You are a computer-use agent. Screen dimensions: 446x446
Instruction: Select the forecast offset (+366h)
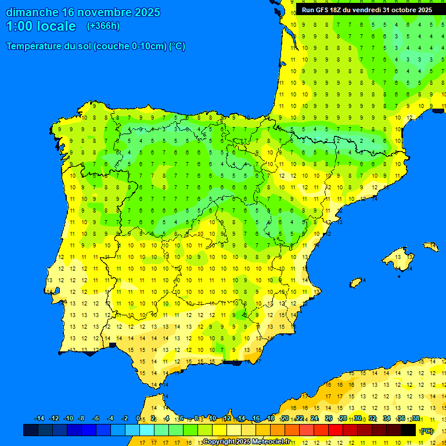103,26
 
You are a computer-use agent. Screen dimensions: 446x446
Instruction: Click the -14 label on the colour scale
39,419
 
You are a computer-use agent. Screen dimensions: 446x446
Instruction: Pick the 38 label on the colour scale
416,419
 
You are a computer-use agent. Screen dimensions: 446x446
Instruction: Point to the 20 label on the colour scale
285,419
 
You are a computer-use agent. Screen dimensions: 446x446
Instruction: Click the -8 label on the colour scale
81,419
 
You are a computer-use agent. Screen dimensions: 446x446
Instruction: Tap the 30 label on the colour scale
358,419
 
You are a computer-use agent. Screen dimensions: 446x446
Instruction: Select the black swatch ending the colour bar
408,430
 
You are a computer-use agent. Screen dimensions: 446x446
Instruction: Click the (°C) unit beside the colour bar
427,431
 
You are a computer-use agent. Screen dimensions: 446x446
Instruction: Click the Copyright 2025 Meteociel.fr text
247,441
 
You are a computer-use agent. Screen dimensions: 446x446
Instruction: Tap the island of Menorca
430,246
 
